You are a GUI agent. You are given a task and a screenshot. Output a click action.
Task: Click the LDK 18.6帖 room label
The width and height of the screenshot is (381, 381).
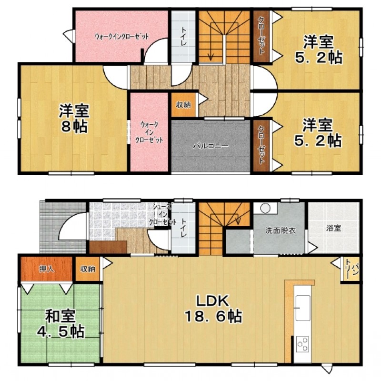tap(213, 309)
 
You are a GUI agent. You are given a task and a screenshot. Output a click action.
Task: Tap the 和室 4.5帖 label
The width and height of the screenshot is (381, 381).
tap(60, 324)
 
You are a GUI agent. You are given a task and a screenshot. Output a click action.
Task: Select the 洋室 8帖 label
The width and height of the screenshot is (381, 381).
tap(74, 118)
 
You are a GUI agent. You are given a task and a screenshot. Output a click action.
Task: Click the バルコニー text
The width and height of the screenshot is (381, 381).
tap(211, 146)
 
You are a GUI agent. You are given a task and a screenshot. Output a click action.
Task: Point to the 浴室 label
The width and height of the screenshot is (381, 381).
tap(334, 228)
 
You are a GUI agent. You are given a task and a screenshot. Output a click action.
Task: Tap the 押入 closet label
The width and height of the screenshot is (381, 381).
tap(46, 269)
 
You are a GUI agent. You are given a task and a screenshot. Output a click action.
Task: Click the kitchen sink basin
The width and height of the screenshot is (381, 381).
tap(302, 308)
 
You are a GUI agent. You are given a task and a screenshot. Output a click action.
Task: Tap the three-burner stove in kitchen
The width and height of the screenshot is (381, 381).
tap(303, 344)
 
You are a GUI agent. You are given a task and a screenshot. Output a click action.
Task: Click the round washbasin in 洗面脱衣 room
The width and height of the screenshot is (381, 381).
tap(266, 208)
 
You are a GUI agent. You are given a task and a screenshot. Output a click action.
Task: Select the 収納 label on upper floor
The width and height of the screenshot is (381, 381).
tap(183, 105)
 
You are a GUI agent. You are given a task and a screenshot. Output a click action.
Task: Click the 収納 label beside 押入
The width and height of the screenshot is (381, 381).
tap(88, 269)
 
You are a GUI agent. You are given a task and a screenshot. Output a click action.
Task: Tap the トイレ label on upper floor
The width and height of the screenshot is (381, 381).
tap(183, 37)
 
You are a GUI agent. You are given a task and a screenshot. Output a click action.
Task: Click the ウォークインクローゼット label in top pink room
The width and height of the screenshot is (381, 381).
tap(121, 37)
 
